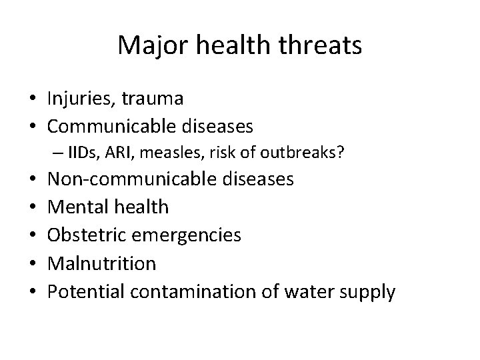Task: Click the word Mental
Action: [75, 207]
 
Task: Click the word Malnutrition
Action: [101, 263]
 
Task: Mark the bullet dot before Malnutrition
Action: [32, 263]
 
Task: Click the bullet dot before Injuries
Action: [32, 100]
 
